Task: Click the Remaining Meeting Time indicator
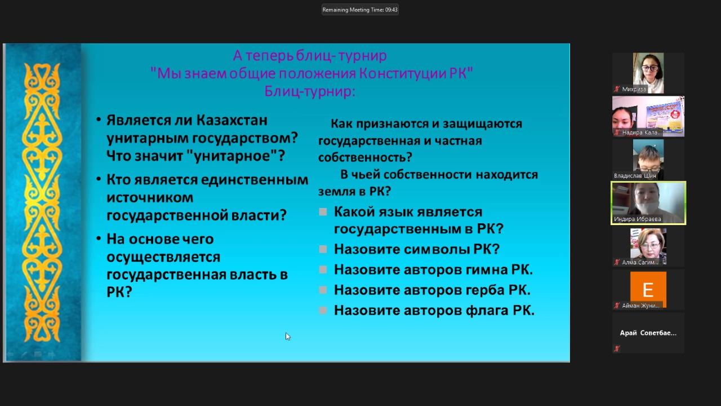360,10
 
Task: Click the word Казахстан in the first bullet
232,120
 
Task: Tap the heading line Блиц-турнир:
310,91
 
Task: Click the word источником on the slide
150,197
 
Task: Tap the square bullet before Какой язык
323,211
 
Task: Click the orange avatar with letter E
648,290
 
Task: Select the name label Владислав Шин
635,175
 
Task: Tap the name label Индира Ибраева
637,219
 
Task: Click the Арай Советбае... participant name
648,333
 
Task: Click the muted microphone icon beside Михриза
617,89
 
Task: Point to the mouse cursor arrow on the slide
287,337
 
